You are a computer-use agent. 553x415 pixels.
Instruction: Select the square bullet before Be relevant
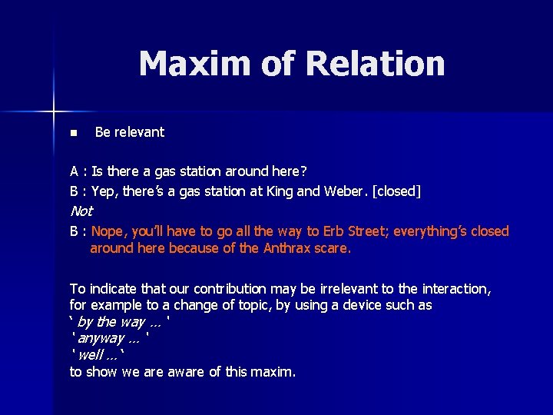[73, 133]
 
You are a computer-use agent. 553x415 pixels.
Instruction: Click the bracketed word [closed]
[396, 191]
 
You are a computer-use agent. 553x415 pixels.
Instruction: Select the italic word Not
[81, 211]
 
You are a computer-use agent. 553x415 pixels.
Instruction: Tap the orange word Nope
[108, 231]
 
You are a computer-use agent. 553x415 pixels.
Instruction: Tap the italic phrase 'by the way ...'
[119, 322]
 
